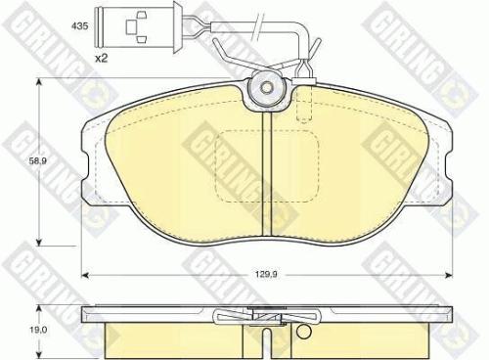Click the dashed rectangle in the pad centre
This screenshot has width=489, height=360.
click(267, 161)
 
